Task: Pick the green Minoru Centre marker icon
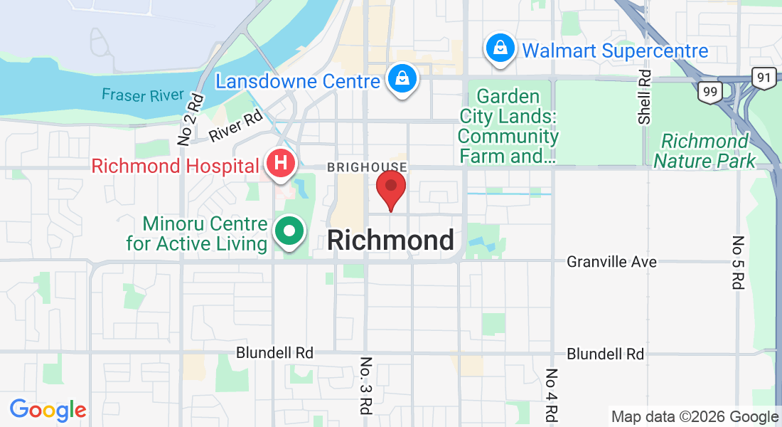pos(289,233)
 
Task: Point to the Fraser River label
pos(143,95)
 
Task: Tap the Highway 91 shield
pos(765,78)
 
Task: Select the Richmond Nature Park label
pos(705,151)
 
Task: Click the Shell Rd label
pos(645,97)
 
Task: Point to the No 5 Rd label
pos(737,262)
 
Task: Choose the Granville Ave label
pos(611,262)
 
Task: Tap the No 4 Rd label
pos(552,396)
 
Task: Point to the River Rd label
pos(237,127)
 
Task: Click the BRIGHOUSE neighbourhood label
pos(367,167)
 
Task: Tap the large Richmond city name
pos(390,241)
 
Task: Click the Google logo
pos(48,410)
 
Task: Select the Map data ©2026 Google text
pos(695,417)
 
